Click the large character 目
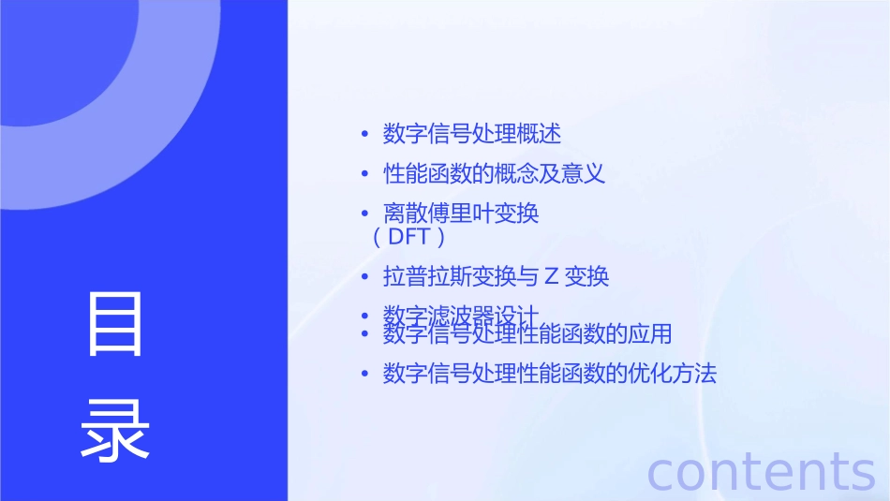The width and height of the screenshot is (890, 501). [x=115, y=324]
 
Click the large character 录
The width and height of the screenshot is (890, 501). [x=115, y=430]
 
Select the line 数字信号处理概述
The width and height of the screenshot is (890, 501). [x=472, y=134]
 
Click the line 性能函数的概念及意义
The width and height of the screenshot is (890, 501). [x=495, y=174]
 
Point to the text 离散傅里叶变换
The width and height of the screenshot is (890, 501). [x=461, y=214]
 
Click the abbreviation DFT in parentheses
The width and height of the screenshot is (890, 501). [x=408, y=237]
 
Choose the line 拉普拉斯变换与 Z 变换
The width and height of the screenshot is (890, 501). [x=497, y=277]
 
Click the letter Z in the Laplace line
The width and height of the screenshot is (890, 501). [x=552, y=277]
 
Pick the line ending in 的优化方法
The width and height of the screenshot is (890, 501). [x=550, y=375]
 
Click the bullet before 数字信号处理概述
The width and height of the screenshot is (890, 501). [x=365, y=135]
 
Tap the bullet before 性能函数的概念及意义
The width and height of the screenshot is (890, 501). [x=365, y=175]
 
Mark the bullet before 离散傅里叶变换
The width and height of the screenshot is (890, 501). [x=365, y=214]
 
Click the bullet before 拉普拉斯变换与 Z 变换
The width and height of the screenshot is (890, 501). [x=365, y=278]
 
